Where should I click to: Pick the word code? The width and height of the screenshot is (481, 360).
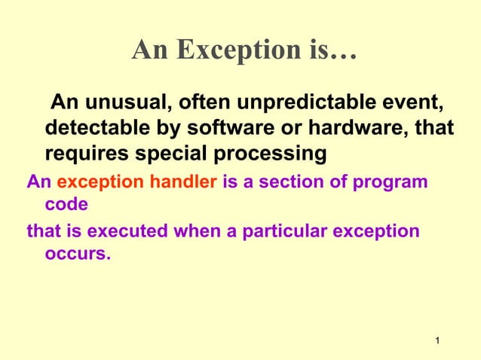tap(66, 204)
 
